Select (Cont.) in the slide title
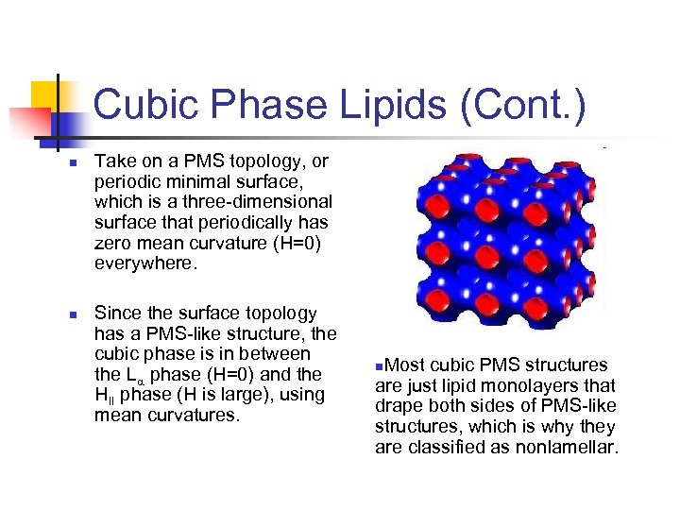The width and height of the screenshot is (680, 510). [524, 104]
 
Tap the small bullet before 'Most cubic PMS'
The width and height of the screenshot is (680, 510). [379, 365]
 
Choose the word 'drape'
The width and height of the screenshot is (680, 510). [399, 406]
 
